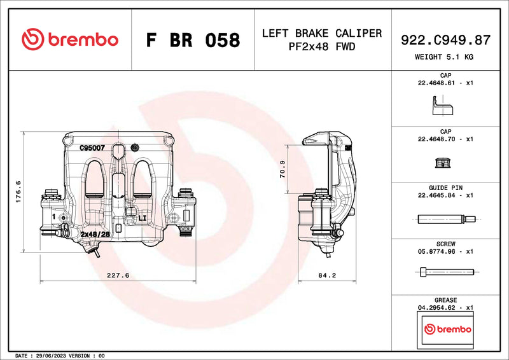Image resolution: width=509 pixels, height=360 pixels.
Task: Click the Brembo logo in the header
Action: (x=70, y=39)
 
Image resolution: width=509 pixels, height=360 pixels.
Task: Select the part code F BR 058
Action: (x=193, y=40)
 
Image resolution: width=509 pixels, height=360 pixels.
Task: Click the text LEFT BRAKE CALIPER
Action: (x=322, y=33)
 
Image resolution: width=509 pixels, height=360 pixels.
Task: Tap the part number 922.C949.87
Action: (x=445, y=40)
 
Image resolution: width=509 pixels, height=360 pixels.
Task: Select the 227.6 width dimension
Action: (x=118, y=275)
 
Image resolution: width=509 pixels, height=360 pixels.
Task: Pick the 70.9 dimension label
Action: (x=282, y=169)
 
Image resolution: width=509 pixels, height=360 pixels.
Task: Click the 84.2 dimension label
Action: (x=326, y=275)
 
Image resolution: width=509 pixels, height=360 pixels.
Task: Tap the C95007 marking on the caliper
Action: (x=92, y=148)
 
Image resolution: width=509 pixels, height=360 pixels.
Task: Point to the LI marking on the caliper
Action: (x=143, y=218)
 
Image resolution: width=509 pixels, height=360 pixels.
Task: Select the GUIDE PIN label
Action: (x=445, y=188)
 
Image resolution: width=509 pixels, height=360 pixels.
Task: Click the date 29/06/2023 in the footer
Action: (x=48, y=356)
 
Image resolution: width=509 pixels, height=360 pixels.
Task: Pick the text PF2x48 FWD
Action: (x=322, y=46)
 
